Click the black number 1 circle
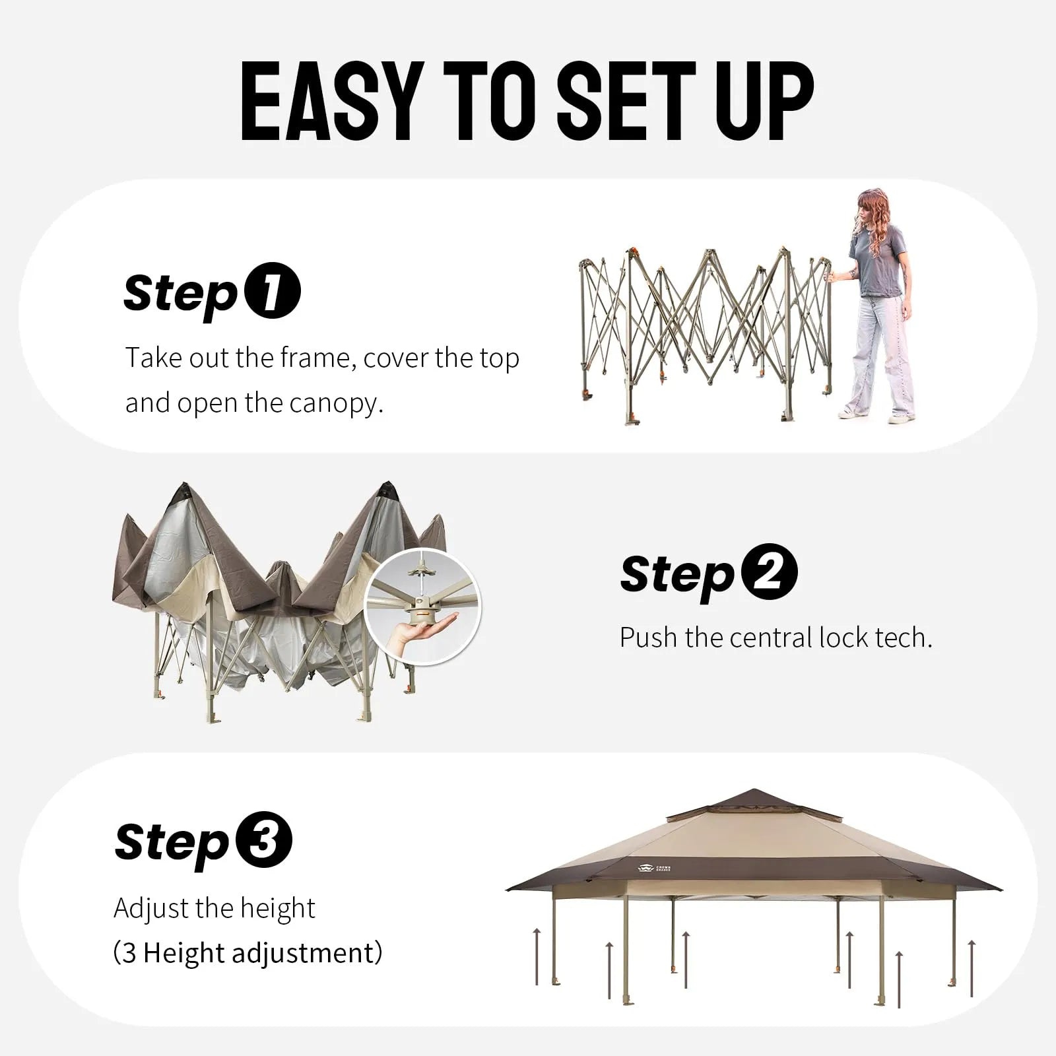(x=273, y=291)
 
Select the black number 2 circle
(x=769, y=572)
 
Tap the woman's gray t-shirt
(x=878, y=261)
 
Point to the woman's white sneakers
(x=878, y=415)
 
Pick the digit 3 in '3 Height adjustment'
(x=129, y=954)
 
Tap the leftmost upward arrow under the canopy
(x=537, y=956)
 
